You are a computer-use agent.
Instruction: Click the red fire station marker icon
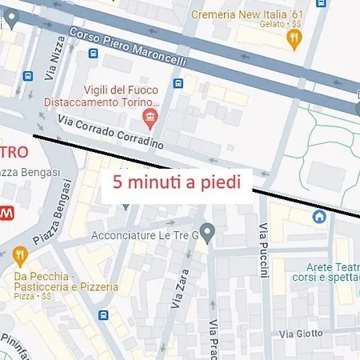point(149,119)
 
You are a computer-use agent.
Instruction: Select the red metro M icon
point(6,214)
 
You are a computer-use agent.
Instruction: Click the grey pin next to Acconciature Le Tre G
point(206,234)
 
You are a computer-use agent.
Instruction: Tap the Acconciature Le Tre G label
point(144,235)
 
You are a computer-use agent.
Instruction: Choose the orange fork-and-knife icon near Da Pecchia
point(20,256)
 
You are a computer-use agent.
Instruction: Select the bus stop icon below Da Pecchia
point(104,315)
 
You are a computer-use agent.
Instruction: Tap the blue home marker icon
point(319,217)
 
